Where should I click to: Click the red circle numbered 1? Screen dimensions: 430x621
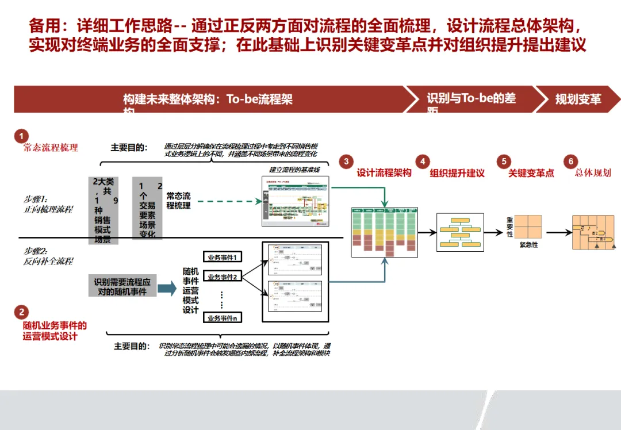[21, 136]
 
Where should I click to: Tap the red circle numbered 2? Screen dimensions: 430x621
[21, 312]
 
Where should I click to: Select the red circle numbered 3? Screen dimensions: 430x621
[346, 162]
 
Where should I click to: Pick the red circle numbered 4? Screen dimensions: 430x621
[423, 162]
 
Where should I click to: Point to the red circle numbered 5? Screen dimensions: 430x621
[504, 162]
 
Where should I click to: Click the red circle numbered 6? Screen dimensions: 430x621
[571, 162]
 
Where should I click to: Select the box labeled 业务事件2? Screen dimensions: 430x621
[223, 277]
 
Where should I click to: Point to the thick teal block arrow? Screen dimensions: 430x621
[167, 289]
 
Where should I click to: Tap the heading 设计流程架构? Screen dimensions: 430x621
[384, 173]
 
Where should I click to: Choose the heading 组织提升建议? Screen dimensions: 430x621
[457, 173]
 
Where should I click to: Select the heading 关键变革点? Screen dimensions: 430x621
[531, 173]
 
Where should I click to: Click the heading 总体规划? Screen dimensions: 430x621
[593, 173]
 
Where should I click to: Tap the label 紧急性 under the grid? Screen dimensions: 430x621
[528, 245]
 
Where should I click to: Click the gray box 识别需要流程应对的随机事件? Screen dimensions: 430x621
[122, 287]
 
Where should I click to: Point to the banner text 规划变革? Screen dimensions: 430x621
[578, 99]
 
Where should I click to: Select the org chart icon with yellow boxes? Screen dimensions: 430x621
[458, 232]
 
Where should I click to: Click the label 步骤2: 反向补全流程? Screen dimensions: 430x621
[48, 256]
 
